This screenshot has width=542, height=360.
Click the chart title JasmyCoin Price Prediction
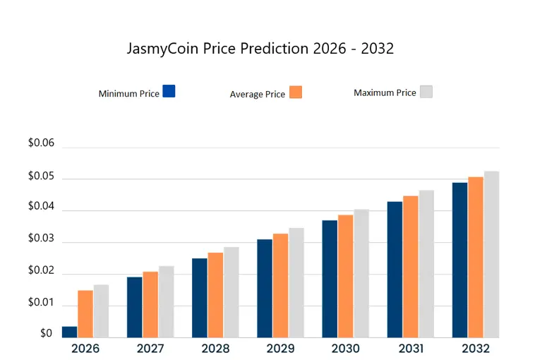(x=260, y=49)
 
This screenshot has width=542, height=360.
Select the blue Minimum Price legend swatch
(x=169, y=91)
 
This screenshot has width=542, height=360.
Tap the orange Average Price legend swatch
(x=296, y=92)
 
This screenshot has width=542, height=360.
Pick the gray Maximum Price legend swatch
(x=426, y=92)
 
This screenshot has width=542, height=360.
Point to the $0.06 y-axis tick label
(x=40, y=143)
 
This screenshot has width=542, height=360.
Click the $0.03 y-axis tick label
(x=40, y=239)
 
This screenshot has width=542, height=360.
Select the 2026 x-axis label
(x=85, y=349)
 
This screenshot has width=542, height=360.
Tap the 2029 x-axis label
(x=280, y=349)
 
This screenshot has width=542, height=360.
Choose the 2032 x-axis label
(x=476, y=349)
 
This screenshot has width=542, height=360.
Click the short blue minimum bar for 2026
(x=70, y=332)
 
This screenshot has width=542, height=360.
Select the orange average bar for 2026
(x=85, y=314)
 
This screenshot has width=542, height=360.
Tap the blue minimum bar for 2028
(x=200, y=298)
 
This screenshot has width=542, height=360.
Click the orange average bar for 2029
(x=280, y=286)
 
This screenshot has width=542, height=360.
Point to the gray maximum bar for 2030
(x=361, y=274)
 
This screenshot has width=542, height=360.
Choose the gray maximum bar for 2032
(x=491, y=255)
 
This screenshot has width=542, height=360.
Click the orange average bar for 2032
(x=476, y=258)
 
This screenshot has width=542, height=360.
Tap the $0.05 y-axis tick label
(x=40, y=176)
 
